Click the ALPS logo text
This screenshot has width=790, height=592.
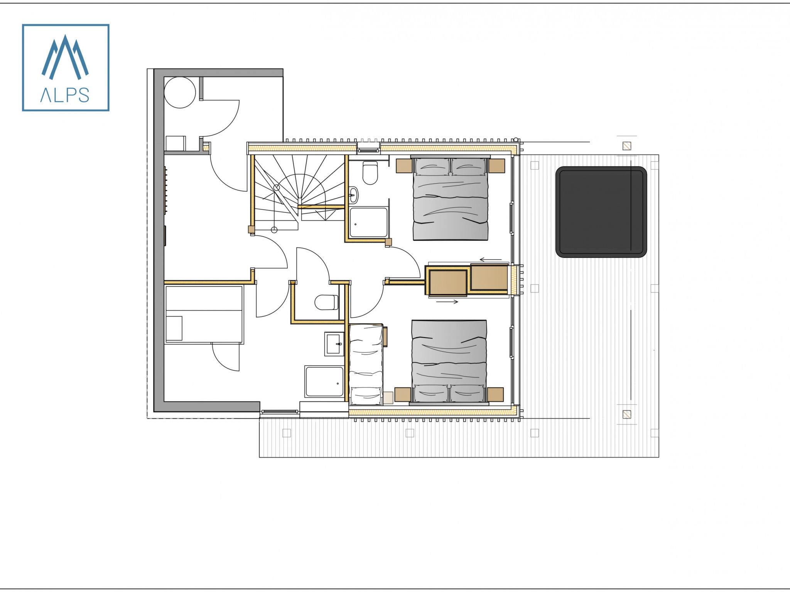click(65, 94)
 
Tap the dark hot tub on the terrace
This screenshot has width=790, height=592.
click(601, 212)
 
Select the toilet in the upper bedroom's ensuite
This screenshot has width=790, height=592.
click(370, 173)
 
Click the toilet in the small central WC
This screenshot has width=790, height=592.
click(326, 303)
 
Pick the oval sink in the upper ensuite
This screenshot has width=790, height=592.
click(353, 195)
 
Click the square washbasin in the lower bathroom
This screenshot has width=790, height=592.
click(333, 343)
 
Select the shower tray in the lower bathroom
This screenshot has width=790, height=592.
click(324, 382)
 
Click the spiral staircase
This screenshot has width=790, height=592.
click(299, 193)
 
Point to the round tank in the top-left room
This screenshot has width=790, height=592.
click(180, 92)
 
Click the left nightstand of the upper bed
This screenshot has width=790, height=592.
click(404, 166)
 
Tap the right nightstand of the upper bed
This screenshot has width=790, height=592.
click(497, 166)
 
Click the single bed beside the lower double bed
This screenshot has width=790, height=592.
click(366, 364)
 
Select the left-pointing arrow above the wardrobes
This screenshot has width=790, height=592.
click(491, 259)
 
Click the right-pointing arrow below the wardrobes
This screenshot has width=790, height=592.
click(447, 302)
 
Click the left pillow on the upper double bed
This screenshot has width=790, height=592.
click(432, 166)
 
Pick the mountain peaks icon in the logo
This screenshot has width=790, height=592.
click(65, 57)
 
